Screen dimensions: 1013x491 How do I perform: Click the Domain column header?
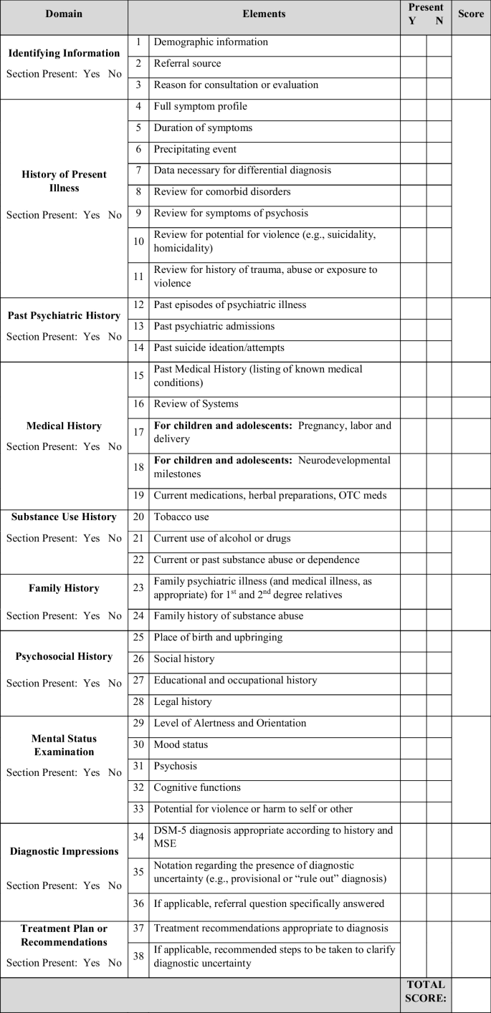(63, 14)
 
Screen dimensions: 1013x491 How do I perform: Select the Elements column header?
(264, 14)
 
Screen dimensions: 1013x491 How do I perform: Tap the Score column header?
(471, 14)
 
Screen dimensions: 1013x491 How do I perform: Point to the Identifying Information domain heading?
(64, 53)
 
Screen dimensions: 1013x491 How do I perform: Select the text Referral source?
(187, 64)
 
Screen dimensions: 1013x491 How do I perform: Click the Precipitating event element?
(195, 150)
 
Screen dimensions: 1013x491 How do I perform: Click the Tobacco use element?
(181, 517)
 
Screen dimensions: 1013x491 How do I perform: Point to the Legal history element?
(183, 702)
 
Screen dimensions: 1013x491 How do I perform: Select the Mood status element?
(181, 745)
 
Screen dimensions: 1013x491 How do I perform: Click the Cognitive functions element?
(197, 788)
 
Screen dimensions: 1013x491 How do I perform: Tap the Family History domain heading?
(64, 588)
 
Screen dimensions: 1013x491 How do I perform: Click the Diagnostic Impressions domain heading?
(64, 852)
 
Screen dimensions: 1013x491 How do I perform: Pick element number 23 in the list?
(138, 589)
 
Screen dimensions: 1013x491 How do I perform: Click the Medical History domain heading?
(64, 426)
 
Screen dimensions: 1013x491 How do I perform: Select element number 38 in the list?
(138, 956)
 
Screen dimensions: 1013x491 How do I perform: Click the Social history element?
(184, 659)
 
